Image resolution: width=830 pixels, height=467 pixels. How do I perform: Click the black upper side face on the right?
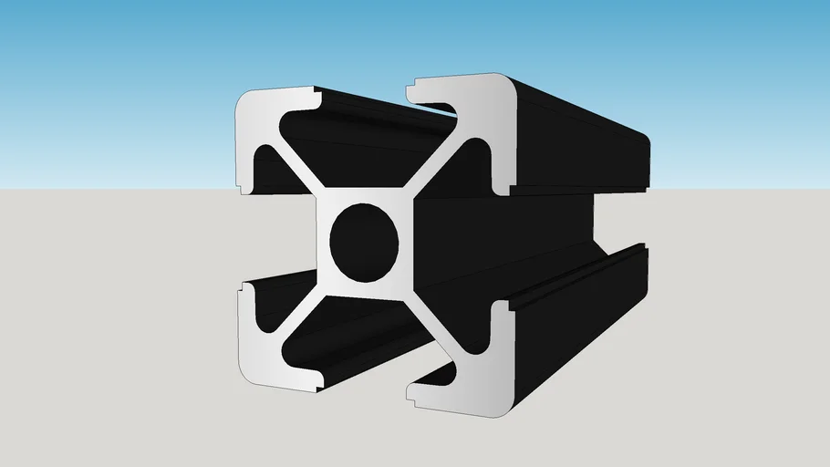584,137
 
